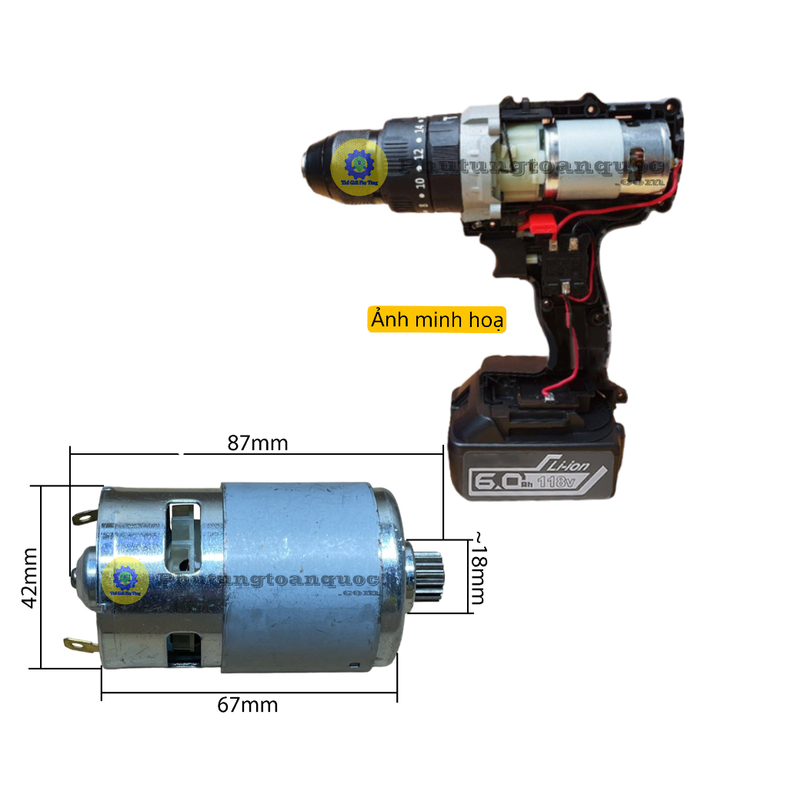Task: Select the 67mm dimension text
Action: [x=247, y=705]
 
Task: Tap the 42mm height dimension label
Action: [x=29, y=577]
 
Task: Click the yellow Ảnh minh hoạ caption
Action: [x=436, y=319]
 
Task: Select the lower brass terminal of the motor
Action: [x=79, y=643]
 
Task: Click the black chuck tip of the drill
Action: [x=308, y=163]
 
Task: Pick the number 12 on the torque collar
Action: [x=417, y=151]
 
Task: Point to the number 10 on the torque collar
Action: [x=419, y=183]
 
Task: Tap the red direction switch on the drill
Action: [x=541, y=224]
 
